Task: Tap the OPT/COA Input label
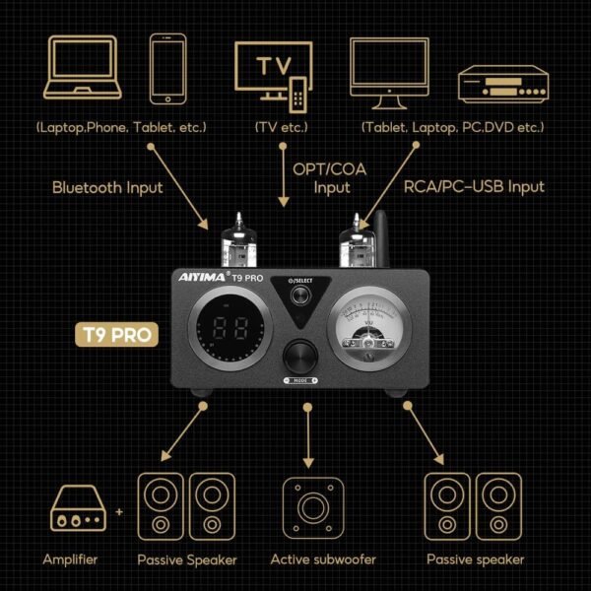(329, 177)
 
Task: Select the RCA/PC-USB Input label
(473, 186)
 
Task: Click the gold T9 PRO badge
(116, 335)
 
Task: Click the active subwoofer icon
(309, 507)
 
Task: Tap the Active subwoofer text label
(309, 560)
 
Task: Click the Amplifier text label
(71, 560)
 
